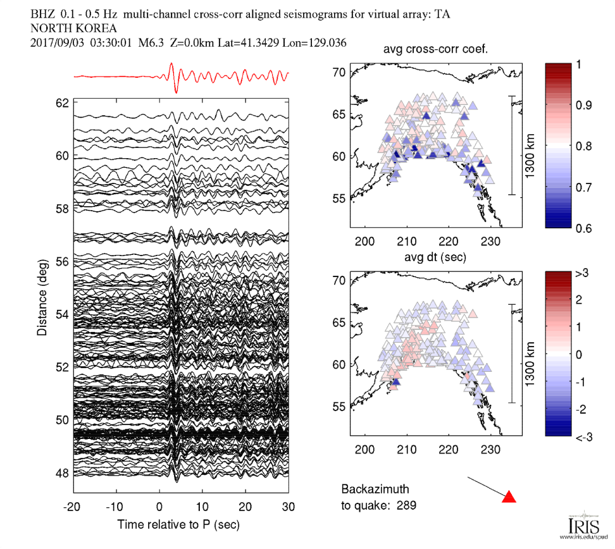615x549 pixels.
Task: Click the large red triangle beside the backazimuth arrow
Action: point(509,497)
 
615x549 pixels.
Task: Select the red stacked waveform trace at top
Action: point(181,77)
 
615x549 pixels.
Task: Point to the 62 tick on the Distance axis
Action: point(62,102)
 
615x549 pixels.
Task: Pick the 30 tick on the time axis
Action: point(288,507)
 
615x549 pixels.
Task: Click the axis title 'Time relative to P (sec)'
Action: point(178,524)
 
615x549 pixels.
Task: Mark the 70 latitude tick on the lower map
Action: point(339,280)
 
